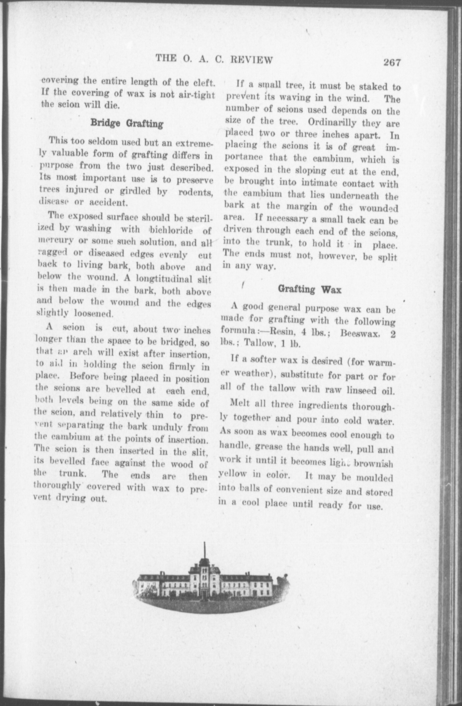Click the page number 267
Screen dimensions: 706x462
coord(392,63)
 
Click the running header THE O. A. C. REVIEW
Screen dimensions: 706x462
coord(214,59)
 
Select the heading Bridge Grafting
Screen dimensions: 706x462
coord(127,123)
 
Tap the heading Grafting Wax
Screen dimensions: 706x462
coord(310,289)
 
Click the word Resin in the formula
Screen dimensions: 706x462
coord(281,332)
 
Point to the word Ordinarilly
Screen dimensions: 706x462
coord(332,122)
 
